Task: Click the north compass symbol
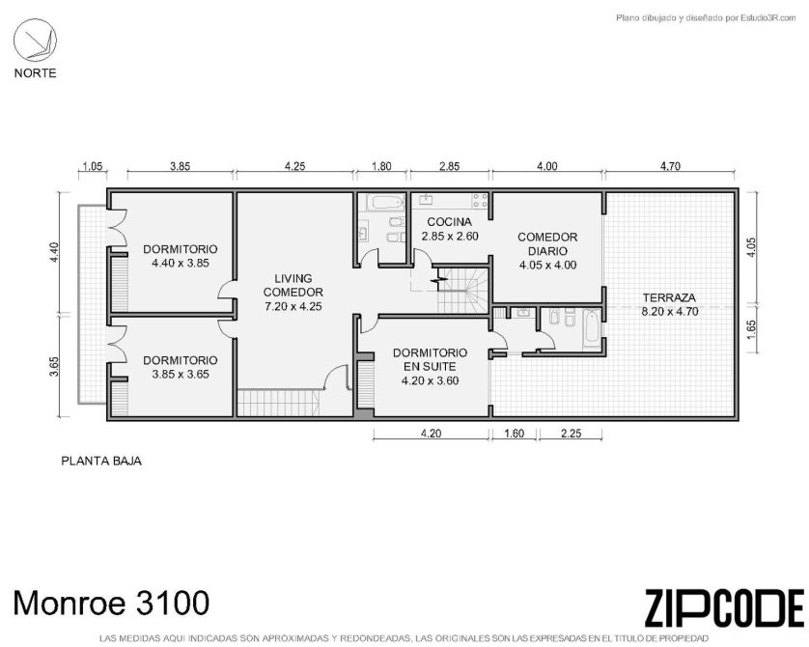[x=35, y=40]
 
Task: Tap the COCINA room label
[x=449, y=222]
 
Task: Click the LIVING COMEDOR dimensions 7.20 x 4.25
[x=293, y=306]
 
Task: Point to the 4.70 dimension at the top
[x=670, y=166]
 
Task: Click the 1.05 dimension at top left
[x=93, y=166]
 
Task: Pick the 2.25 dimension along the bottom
[x=572, y=434]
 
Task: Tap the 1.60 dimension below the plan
[x=514, y=434]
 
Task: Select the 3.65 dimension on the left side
[x=54, y=367]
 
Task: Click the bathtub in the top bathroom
[x=386, y=202]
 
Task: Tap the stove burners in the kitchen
[x=480, y=200]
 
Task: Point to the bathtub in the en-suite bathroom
[x=593, y=328]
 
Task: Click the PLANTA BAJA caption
[x=101, y=461]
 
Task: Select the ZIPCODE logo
[x=724, y=607]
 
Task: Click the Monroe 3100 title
[x=111, y=603]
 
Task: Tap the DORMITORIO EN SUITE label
[x=431, y=359]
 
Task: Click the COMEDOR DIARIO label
[x=547, y=244]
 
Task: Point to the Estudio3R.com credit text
[x=706, y=18]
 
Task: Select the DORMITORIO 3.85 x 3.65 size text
[x=181, y=374]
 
